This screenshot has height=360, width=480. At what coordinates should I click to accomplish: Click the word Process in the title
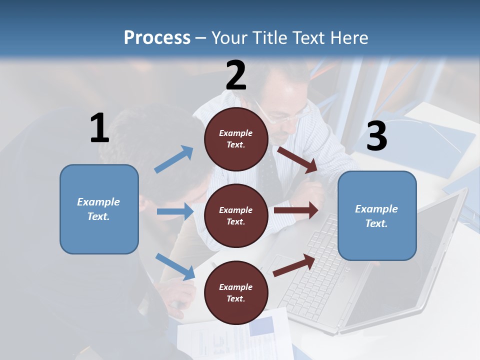coord(157,38)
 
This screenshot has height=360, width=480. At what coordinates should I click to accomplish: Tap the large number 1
coord(99,128)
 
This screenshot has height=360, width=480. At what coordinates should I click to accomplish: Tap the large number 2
coord(236,75)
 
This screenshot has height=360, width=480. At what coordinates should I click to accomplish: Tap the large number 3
coord(376,136)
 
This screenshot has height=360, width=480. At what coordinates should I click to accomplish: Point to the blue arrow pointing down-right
coord(175,266)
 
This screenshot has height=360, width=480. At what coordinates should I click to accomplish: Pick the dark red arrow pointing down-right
coord(297,159)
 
